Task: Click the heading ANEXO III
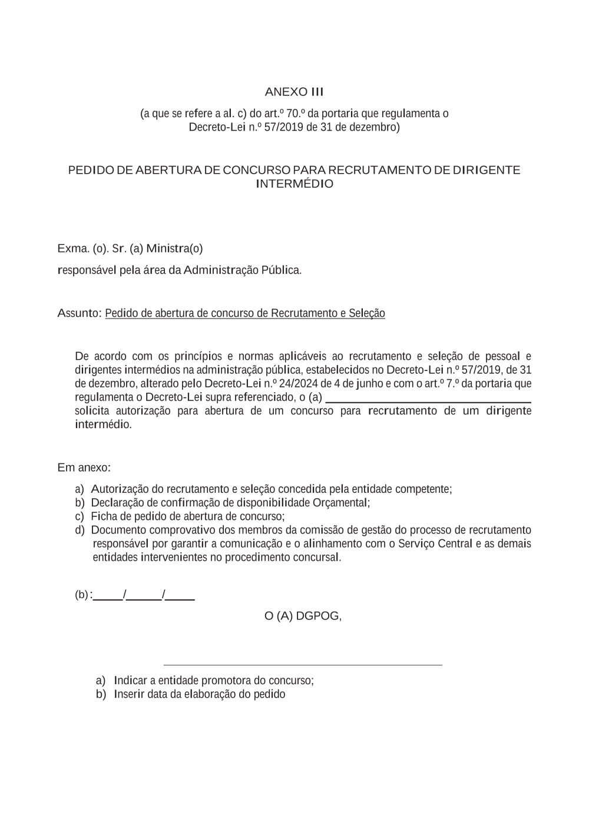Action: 294,92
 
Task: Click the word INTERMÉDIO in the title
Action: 294,184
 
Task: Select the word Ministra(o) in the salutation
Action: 174,248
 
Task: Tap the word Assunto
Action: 80,313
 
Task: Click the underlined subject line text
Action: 245,313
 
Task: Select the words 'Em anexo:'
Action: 84,468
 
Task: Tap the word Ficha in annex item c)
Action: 104,516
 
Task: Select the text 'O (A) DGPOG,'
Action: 303,616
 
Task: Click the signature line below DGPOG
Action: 302,665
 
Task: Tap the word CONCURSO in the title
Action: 257,170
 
